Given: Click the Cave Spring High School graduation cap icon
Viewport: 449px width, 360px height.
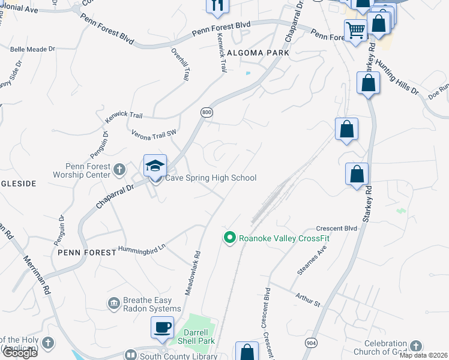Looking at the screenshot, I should point(155,166).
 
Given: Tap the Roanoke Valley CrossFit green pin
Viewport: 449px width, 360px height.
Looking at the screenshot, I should point(229,238).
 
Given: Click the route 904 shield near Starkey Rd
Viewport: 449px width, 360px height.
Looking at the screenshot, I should point(310,343).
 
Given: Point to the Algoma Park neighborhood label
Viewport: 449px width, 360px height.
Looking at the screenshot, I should point(258,53).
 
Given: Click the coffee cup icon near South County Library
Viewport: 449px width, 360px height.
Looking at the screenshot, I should point(162,328).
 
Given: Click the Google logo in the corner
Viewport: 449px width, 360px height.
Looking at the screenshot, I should point(19,353).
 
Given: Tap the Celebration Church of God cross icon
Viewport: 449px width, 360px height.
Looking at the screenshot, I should point(415,346).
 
